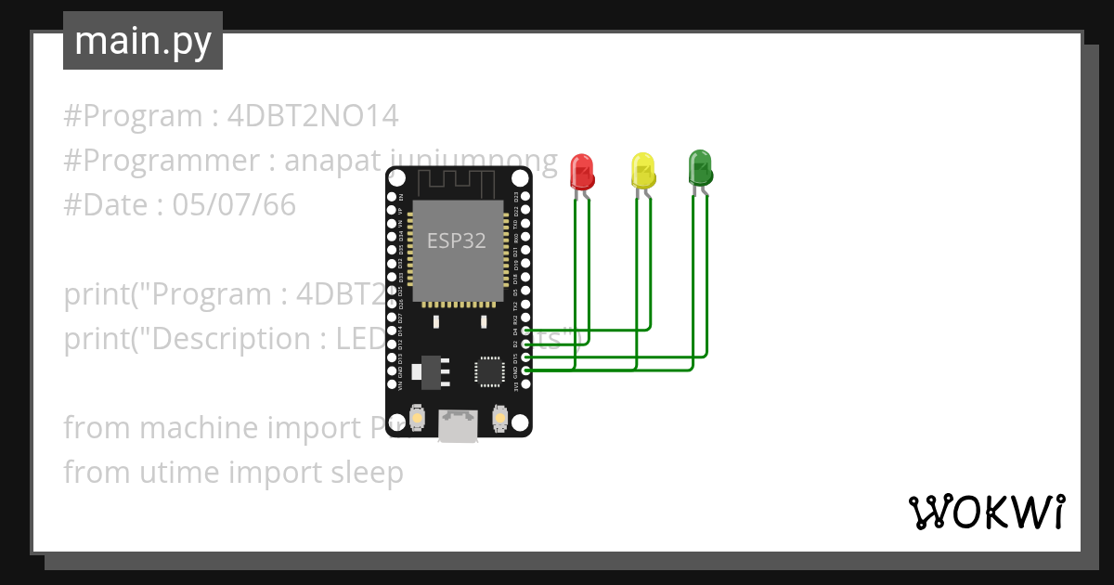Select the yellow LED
642,170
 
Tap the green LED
700,167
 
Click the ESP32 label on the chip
456,240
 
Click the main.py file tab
143,41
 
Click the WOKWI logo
985,512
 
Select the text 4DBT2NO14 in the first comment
313,116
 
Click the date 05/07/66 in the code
234,205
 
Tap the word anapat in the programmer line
332,161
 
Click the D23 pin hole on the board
526,197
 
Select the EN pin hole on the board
392,197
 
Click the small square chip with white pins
489,370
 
